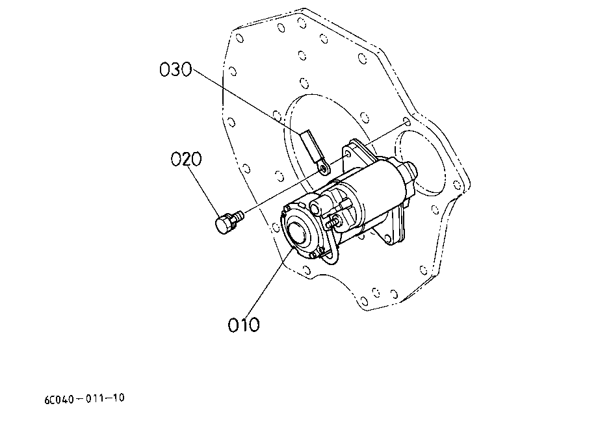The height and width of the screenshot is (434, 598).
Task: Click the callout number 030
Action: click(x=175, y=70)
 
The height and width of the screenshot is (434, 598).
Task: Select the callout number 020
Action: click(x=186, y=159)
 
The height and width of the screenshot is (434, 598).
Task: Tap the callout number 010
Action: click(x=244, y=325)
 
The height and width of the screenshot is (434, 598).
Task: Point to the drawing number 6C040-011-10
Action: click(x=84, y=398)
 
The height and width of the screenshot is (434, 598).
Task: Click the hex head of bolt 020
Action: click(x=224, y=223)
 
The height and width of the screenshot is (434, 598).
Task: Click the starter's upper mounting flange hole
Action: click(x=348, y=155)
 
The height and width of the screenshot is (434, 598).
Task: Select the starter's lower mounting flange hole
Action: click(x=388, y=238)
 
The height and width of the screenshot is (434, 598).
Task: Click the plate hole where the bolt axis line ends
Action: click(x=407, y=122)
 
